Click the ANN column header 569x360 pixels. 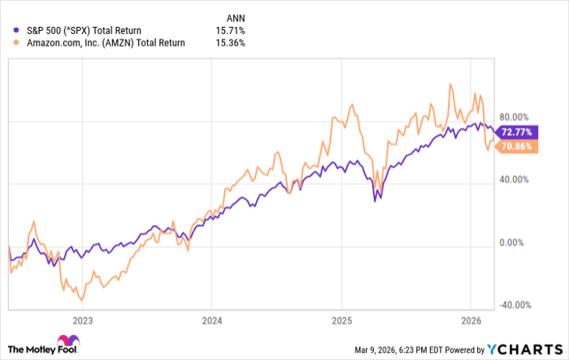pos(232,16)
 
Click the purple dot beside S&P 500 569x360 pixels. pos(9,30)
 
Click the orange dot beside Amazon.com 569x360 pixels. pos(9,42)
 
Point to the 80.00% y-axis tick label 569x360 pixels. pos(513,117)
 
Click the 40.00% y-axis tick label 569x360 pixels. pos(513,180)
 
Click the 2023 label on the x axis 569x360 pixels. pos(82,319)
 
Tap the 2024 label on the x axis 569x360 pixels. pos(211,319)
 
